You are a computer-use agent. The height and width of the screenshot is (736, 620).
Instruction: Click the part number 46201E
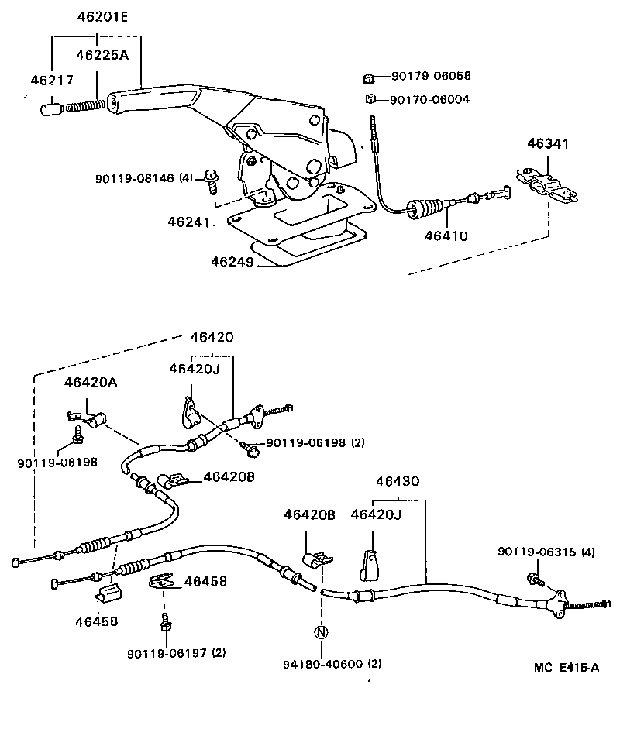96,15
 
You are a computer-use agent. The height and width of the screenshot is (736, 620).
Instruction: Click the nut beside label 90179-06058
370,77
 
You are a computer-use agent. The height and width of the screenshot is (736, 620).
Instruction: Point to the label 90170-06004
429,99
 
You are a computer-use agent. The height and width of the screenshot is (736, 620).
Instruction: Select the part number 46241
188,222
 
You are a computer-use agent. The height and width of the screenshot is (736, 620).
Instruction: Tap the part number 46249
231,261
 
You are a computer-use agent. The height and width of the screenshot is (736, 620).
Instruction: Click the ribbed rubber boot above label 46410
429,207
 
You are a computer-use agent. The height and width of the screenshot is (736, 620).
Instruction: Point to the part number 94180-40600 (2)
332,664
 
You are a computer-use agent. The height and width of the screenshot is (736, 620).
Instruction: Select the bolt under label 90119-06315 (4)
534,579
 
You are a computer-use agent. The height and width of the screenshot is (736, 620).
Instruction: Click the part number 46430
398,480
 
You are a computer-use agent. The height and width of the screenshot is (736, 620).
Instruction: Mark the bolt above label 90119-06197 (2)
164,621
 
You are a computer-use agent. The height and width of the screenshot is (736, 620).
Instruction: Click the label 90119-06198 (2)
315,443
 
